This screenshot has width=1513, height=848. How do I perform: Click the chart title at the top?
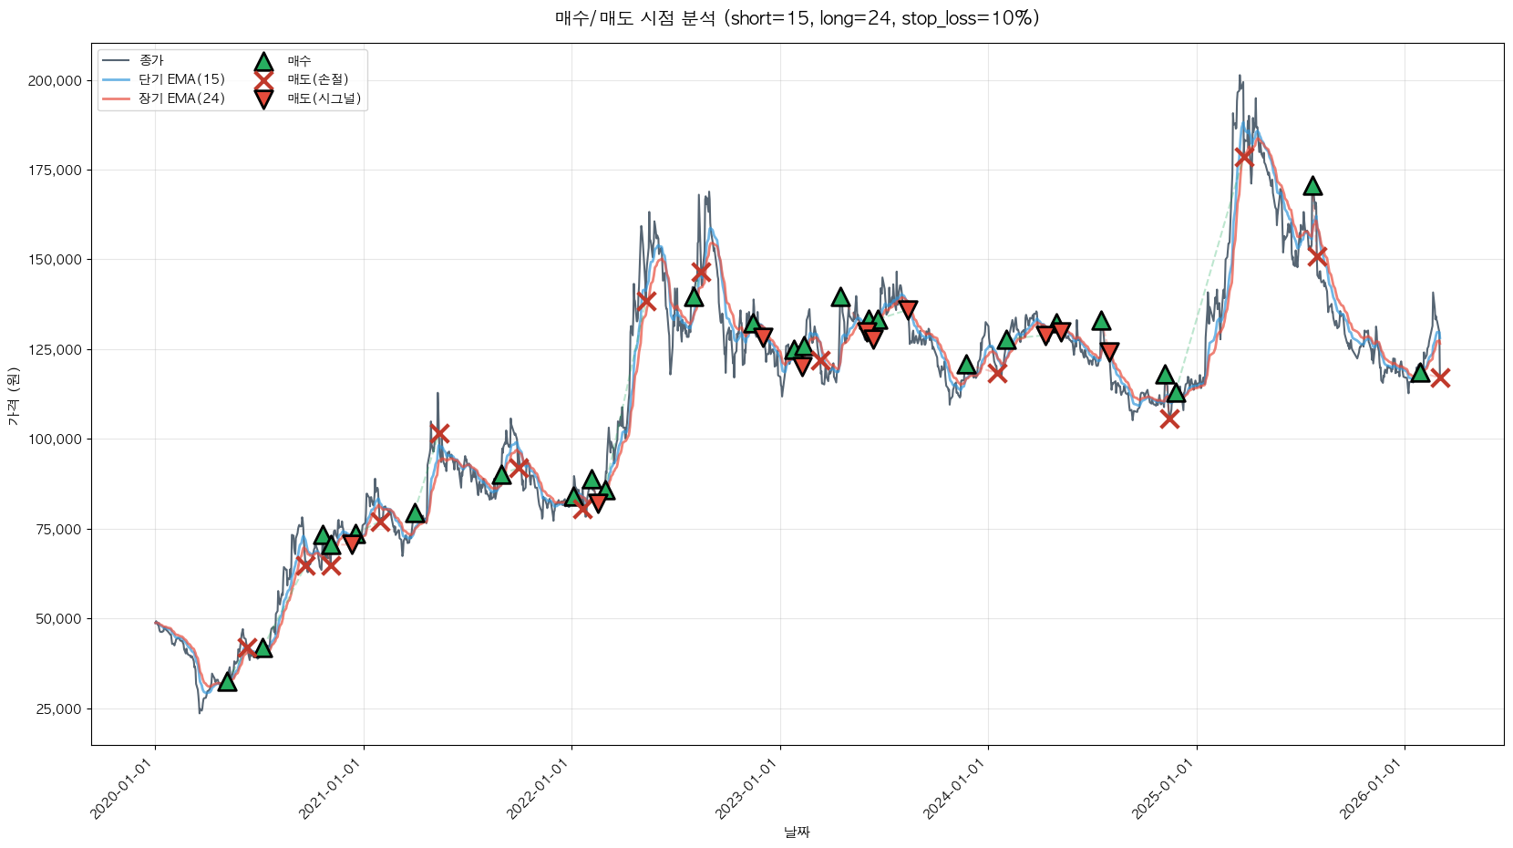[x=797, y=18]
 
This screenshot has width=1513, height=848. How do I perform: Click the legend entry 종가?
[x=151, y=61]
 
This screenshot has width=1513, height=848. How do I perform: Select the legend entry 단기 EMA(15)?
[x=181, y=79]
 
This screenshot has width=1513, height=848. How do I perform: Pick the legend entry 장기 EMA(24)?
[x=181, y=98]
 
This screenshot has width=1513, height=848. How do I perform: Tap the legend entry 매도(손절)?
[x=318, y=79]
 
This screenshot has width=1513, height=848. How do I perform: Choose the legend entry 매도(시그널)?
[x=324, y=98]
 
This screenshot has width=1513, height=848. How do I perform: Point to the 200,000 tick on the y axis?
[x=55, y=81]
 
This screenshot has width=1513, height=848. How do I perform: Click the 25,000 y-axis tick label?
[x=58, y=709]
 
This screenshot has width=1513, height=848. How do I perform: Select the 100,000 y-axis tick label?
[x=55, y=440]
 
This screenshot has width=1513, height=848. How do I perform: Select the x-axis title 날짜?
[x=797, y=832]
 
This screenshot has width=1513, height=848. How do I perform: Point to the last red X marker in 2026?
[x=1440, y=377]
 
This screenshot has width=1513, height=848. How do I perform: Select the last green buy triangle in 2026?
[x=1420, y=372]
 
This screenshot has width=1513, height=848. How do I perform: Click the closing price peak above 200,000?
[x=1240, y=77]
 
